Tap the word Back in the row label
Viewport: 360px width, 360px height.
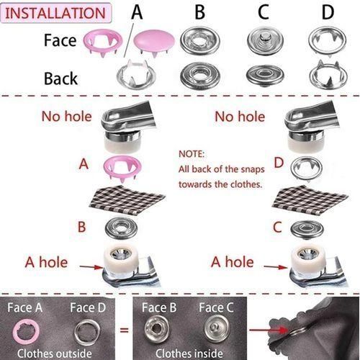tap(61, 78)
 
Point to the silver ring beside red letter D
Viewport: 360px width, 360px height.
tap(302, 168)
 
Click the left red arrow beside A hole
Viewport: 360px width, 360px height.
tap(90, 266)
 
